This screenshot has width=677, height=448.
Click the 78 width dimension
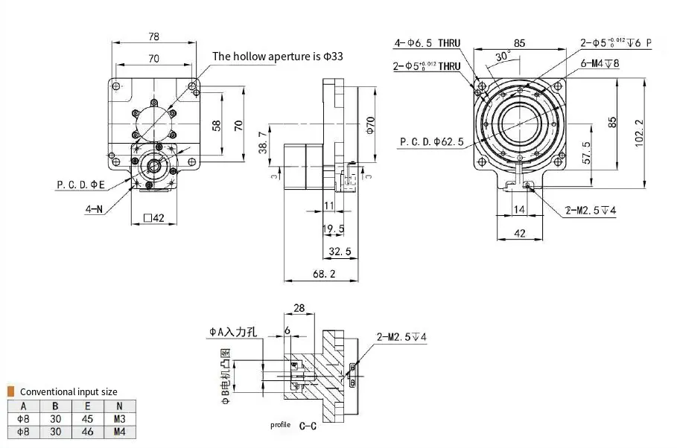point(153,36)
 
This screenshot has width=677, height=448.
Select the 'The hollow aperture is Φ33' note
point(278,56)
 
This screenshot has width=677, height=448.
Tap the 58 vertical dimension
point(217,125)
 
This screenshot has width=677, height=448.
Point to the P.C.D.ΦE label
point(81,184)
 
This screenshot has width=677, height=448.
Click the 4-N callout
point(93,210)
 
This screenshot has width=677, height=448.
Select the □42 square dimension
point(153,219)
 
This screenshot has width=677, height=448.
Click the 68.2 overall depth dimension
point(324,274)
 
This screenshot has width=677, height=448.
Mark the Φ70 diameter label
point(371,124)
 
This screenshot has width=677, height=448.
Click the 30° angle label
point(503,56)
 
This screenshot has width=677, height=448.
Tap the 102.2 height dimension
point(638,133)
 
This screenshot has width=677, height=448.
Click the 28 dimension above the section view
point(299,308)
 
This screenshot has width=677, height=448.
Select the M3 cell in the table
point(120,418)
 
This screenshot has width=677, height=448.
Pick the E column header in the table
point(88,406)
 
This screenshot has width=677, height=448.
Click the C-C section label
point(308,426)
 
